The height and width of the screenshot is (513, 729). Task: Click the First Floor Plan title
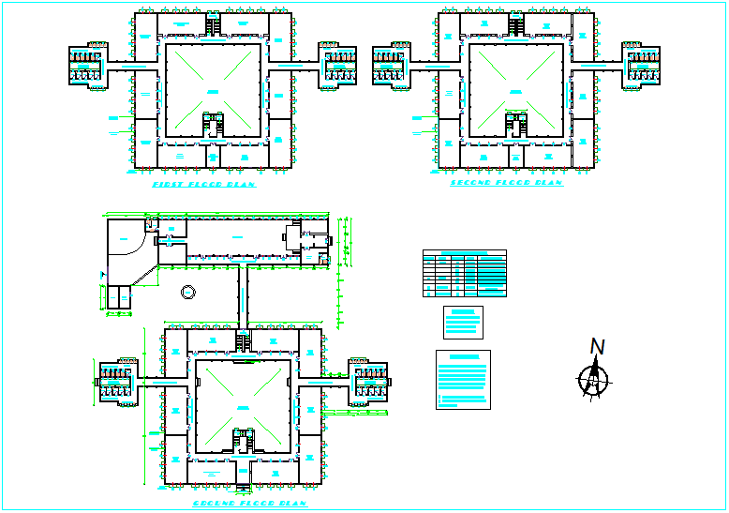(203, 185)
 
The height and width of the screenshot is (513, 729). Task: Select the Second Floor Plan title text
(506, 183)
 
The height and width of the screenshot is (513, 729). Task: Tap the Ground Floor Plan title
(249, 504)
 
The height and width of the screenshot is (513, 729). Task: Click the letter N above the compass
(597, 347)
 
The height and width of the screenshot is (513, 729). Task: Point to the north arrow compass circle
(592, 380)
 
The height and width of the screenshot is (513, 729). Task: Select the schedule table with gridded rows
(464, 273)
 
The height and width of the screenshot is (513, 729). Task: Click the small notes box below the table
(463, 322)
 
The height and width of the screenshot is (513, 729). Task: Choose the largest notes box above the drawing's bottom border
(463, 380)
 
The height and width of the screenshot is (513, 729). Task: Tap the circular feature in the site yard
(188, 291)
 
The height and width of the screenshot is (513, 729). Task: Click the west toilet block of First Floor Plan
(86, 66)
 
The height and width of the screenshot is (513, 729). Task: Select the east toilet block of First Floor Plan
(339, 66)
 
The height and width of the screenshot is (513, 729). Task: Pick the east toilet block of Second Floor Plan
(643, 66)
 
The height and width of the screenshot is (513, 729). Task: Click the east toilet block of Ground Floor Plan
(368, 383)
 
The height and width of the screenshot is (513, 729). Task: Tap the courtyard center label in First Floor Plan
(213, 90)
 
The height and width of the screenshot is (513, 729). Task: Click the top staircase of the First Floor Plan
(213, 26)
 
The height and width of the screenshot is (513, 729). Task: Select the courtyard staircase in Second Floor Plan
(515, 124)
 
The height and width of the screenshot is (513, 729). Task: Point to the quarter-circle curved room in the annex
(126, 239)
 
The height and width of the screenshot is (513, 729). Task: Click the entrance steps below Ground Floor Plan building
(244, 486)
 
